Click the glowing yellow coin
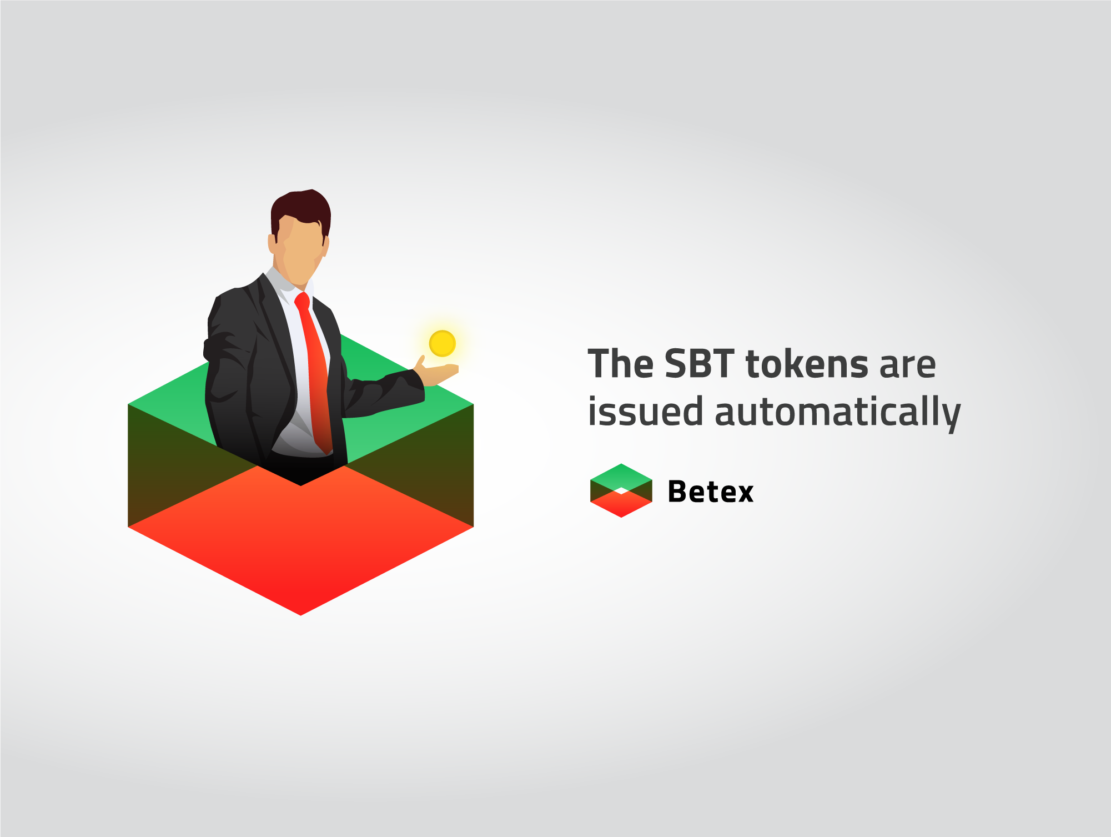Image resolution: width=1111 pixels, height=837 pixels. point(443,343)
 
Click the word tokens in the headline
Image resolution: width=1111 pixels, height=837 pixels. point(807,364)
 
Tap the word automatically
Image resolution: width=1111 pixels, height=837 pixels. point(838,412)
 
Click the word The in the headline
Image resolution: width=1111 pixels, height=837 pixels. point(621,364)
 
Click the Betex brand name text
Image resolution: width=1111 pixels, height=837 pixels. point(711,492)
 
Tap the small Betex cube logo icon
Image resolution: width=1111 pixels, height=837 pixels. point(621,490)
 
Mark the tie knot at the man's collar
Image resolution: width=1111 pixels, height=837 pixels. point(303,300)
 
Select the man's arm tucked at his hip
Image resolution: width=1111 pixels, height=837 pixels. point(228,383)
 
